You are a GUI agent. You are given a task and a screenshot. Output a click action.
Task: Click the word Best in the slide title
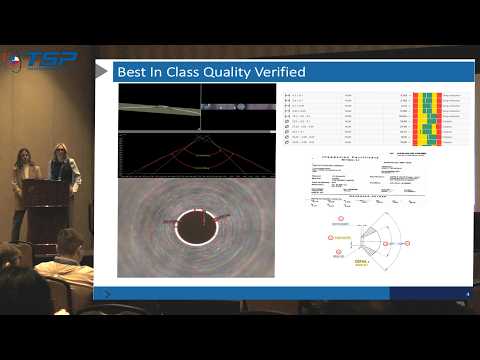(137, 72)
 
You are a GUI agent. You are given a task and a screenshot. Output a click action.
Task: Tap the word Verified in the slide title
(277, 72)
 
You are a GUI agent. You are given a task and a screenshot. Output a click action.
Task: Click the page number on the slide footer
(468, 292)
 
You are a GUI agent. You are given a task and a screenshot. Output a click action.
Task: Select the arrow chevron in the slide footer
(107, 293)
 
